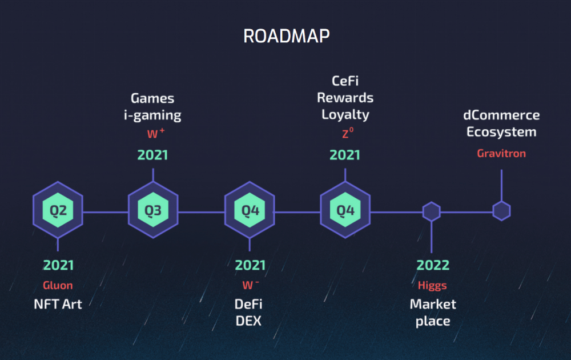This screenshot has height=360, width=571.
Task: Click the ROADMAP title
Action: point(287,36)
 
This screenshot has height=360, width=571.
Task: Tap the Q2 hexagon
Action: point(58,210)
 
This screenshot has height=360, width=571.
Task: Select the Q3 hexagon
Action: point(153,210)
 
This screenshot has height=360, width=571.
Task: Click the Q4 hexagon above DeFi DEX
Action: point(250,210)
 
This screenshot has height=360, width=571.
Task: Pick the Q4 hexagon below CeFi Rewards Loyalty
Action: point(345,210)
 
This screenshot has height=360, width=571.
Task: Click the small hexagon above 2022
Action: point(432,211)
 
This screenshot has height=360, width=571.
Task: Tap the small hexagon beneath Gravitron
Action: point(501,211)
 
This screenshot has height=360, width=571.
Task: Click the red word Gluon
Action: point(58,285)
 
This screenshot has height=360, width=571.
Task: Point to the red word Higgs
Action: point(432,286)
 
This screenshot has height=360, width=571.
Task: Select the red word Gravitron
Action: point(501,153)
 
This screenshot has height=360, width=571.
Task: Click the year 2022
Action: point(433,265)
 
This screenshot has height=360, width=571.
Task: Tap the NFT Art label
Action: point(58,304)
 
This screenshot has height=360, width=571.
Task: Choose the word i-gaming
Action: point(152,115)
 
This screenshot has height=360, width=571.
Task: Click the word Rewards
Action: point(345,98)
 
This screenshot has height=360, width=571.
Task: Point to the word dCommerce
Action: point(501,115)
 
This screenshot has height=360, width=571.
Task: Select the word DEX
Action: point(249,321)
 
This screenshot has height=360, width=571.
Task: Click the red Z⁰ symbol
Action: point(347,133)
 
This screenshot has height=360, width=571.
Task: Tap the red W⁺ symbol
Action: point(156,133)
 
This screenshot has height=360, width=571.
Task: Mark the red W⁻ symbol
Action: point(251,285)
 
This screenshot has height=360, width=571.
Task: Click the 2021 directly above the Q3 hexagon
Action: point(152,155)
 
